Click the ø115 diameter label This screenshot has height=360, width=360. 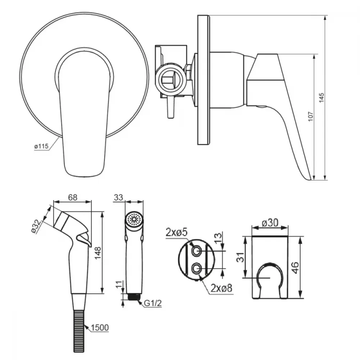[41, 146]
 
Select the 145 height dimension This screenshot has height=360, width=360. [321, 98]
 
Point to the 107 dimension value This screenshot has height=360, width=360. [310, 117]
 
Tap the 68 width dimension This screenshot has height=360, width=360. [73, 197]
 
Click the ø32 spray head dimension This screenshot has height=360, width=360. [36, 226]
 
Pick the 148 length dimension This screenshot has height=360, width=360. [98, 253]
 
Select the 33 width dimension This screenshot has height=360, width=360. [118, 197]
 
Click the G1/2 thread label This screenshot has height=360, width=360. [153, 303]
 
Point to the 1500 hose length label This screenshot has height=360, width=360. [100, 328]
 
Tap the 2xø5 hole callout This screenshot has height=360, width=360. [176, 233]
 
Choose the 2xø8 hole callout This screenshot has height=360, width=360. [221, 288]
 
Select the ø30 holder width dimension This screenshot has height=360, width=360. [270, 222]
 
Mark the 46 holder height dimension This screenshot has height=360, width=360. [295, 268]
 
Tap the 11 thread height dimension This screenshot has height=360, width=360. [118, 285]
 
